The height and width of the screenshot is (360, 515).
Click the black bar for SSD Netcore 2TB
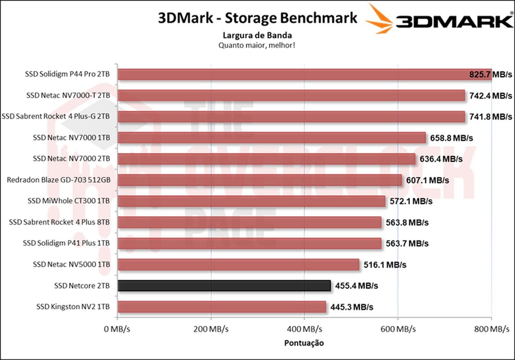224,286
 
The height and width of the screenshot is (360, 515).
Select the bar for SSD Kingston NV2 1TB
222,307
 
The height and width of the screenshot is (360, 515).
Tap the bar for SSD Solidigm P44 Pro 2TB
304,74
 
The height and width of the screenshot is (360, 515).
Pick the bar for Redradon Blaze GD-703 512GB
260,180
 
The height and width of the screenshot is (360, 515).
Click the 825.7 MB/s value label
490,74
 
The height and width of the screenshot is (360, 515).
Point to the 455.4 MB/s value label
356,286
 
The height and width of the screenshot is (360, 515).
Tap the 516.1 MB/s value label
385,265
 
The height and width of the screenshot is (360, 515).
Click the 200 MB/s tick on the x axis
211,329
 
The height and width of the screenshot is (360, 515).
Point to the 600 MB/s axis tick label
398,329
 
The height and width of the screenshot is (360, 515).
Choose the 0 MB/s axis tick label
117,329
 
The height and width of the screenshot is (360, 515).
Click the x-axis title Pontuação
304,343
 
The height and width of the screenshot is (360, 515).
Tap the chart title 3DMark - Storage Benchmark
257,18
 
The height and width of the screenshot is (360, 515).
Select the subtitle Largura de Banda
257,35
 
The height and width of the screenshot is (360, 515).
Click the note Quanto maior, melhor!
257,45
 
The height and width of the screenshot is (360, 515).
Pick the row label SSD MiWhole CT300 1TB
69,201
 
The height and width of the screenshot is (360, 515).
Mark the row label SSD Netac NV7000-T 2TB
68,95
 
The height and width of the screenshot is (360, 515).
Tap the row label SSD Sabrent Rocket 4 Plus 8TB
60,222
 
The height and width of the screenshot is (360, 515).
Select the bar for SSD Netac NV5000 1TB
238,264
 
